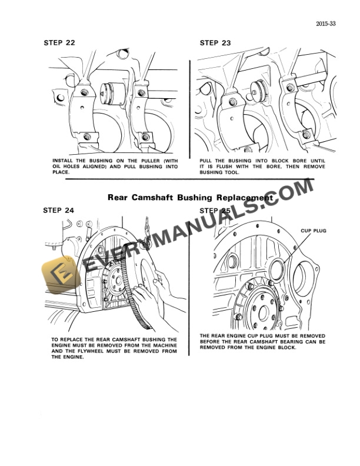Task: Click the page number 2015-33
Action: tap(325, 24)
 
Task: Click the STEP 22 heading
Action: tap(59, 43)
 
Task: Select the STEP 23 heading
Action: tap(215, 43)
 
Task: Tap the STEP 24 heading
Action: tap(59, 209)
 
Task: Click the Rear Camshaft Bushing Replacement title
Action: tap(189, 198)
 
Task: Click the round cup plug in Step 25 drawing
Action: tap(281, 272)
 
